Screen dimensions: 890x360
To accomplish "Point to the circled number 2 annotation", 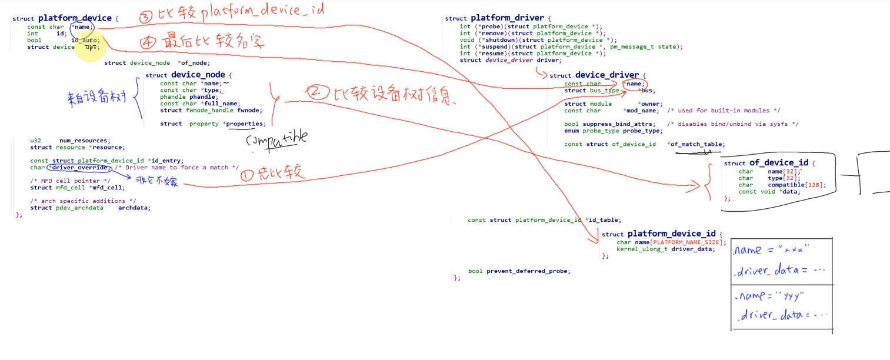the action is (316, 92).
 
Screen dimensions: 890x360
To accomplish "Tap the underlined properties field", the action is (245, 124).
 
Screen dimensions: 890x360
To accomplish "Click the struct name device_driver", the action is (606, 75).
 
